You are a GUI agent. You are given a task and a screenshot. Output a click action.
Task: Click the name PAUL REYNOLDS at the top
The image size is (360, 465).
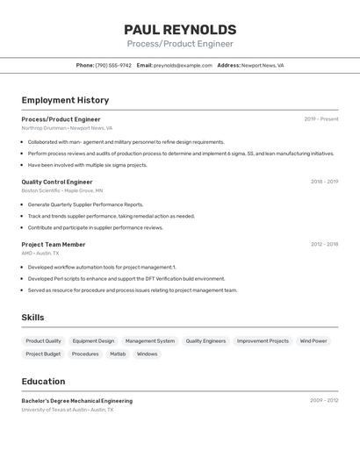coord(180,30)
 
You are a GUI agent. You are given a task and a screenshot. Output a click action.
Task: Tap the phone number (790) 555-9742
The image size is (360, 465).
coord(113,65)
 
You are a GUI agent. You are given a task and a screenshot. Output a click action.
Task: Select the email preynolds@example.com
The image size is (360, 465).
coord(183,65)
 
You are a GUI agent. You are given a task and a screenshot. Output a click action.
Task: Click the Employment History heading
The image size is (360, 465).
coord(65,100)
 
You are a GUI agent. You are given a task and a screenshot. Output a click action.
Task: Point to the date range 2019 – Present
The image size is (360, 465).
coord(321,118)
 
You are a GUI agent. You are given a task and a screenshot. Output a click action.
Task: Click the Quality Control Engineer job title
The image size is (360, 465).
coord(57,182)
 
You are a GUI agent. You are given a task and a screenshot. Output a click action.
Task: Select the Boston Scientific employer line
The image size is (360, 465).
coord(62,190)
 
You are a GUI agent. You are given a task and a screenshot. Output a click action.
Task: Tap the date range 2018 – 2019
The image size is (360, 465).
coord(324,182)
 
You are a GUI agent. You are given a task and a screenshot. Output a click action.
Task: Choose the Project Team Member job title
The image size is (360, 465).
coord(54,244)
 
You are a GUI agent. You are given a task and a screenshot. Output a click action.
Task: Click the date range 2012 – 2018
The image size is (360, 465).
coord(324,244)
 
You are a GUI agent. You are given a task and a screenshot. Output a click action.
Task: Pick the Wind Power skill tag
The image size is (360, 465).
coord(313,340)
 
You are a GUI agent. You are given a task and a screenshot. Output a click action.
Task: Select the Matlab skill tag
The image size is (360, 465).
coord(118,354)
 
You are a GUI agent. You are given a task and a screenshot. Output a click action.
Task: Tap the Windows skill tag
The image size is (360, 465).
coord(148,354)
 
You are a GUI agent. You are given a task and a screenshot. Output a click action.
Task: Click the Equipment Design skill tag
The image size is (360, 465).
coord(93,340)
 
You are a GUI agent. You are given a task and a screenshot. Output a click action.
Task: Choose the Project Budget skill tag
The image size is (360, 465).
coord(43,354)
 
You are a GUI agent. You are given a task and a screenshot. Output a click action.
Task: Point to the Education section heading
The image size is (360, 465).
coord(43,382)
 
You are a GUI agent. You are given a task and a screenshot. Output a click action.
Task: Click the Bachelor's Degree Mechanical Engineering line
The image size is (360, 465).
coord(77,401)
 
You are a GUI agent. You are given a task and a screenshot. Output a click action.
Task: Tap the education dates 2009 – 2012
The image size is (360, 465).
coord(324,400)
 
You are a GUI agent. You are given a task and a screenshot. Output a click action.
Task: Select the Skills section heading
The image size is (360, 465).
coord(32,318)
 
